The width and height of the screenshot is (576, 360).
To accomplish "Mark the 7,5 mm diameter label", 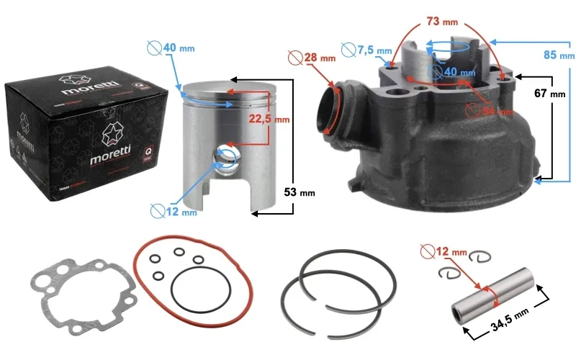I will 374,50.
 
